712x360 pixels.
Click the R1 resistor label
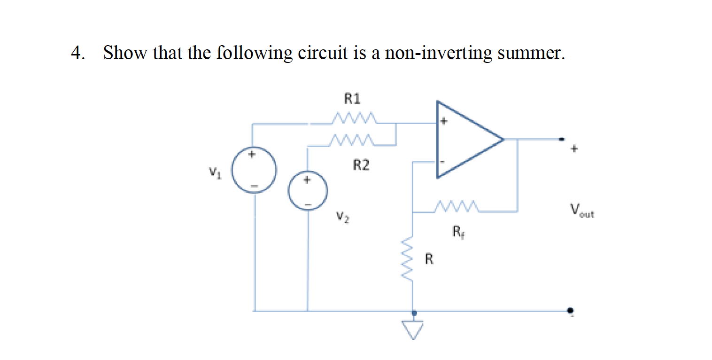(x=352, y=99)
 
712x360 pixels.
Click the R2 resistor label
(x=361, y=165)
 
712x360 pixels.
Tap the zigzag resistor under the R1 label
(x=353, y=117)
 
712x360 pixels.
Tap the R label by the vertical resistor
(x=429, y=259)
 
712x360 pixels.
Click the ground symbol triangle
(x=413, y=329)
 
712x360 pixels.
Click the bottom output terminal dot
(x=570, y=311)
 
